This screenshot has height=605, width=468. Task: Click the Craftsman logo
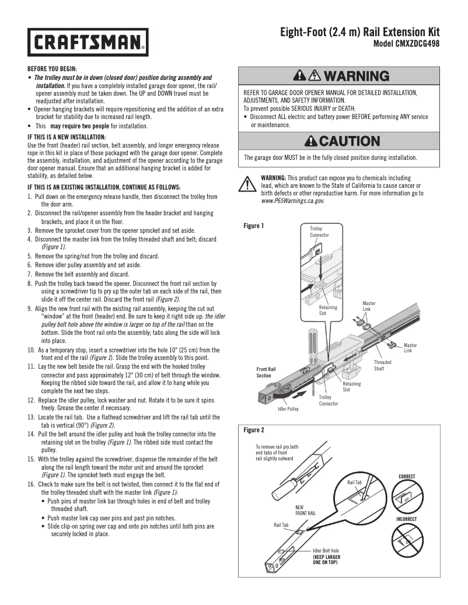click(x=87, y=42)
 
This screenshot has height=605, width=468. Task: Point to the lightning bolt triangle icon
click(x=313, y=76)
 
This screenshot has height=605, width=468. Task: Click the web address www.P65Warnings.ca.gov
click(x=292, y=200)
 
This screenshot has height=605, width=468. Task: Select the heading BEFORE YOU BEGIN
click(x=52, y=69)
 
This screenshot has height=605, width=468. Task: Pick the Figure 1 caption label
click(x=254, y=226)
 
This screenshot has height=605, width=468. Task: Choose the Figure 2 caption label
click(x=254, y=430)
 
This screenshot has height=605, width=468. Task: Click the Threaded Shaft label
click(x=383, y=365)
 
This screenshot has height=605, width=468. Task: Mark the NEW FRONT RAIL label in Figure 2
click(x=305, y=510)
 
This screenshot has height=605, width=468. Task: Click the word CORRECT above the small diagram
click(x=407, y=477)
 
